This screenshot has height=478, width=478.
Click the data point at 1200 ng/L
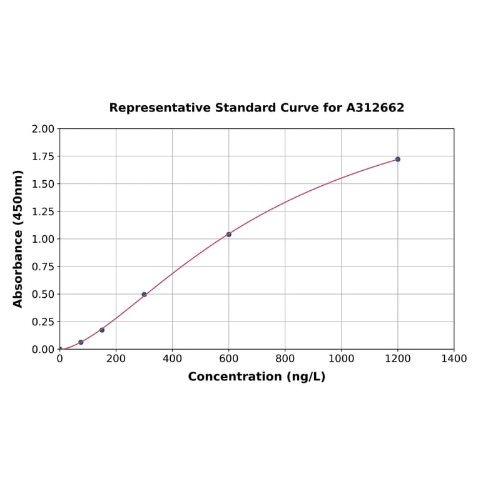[397, 159]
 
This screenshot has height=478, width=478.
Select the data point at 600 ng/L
[228, 234]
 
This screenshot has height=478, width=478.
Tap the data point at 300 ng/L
[144, 294]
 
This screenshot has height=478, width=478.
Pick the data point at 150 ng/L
[102, 330]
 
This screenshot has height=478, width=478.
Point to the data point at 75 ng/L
[81, 342]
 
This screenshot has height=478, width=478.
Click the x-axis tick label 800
[285, 359]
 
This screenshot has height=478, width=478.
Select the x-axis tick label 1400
[454, 359]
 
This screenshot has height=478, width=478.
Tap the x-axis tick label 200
[116, 359]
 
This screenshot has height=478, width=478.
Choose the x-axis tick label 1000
[341, 359]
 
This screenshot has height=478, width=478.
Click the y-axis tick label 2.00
[43, 129]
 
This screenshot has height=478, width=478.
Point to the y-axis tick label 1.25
[43, 211]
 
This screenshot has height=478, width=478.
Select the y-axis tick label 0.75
[43, 267]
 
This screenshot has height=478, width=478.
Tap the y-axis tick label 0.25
[43, 322]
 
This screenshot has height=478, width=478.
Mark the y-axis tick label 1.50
[43, 184]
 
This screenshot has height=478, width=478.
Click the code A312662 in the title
[375, 108]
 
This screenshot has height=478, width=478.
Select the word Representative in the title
[160, 108]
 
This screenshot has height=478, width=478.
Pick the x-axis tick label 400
[172, 359]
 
